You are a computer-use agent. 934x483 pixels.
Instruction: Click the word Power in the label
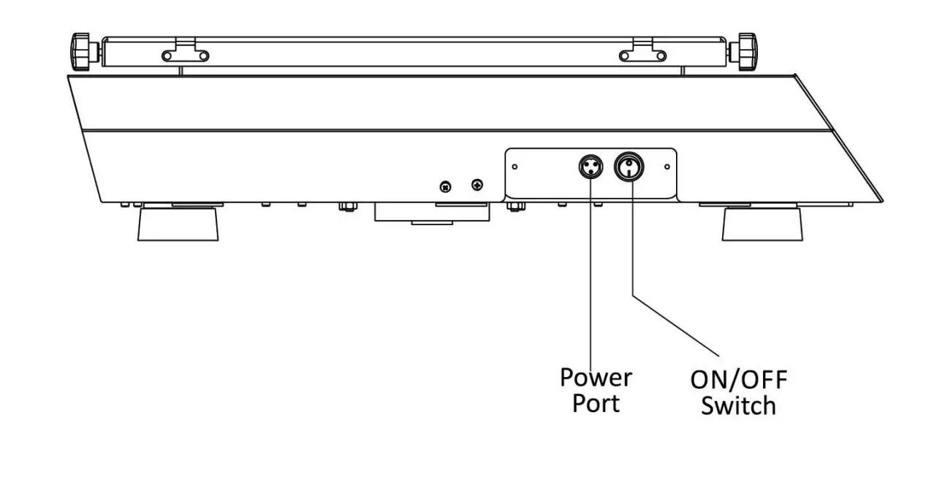click(x=596, y=378)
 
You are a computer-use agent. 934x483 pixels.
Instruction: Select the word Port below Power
click(x=596, y=403)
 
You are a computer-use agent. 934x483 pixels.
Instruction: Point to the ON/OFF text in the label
click(x=739, y=380)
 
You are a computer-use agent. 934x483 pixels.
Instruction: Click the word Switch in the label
click(x=738, y=406)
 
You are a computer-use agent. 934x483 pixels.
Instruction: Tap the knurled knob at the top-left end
click(x=83, y=52)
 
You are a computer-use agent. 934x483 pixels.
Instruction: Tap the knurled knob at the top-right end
click(x=746, y=52)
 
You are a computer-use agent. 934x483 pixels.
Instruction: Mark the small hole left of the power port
click(x=515, y=167)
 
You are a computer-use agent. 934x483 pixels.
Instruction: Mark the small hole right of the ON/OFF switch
click(x=667, y=167)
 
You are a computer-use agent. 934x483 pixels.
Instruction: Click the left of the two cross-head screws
click(x=444, y=187)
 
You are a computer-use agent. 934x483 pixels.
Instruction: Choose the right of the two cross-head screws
click(x=478, y=185)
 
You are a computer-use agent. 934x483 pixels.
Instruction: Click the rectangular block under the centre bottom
click(x=430, y=213)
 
